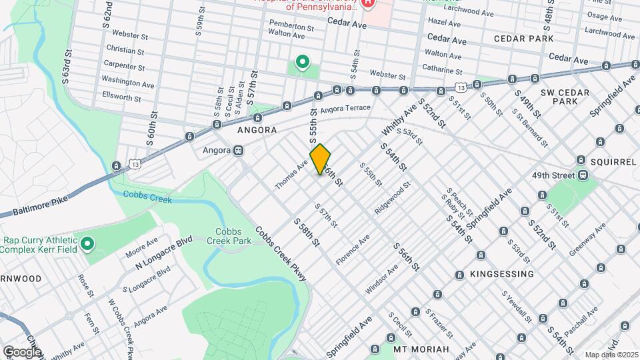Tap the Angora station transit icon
238,150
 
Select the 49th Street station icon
583,175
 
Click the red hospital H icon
368,3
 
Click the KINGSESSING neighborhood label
501,274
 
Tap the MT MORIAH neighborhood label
431,349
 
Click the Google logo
21,351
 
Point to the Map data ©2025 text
611,355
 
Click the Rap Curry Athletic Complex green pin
87,245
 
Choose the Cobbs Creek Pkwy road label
280,253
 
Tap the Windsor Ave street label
381,280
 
